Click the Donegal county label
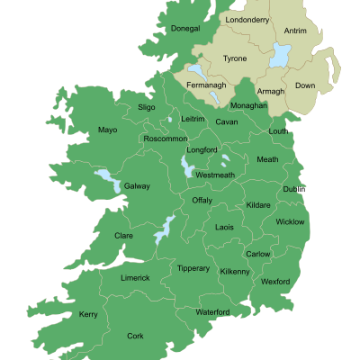pos(185,29)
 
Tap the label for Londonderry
pos(247,19)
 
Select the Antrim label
pos(295,31)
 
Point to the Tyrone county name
pos(235,58)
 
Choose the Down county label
pos(306,85)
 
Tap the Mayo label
pos(108,130)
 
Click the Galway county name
pos(137,186)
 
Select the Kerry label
pos(88,314)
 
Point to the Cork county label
pos(135,336)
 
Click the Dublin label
pos(294,189)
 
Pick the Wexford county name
pos(275,282)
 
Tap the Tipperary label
pos(193,268)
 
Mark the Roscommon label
pos(166,139)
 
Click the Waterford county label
pos(213,312)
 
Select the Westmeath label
pos(215,175)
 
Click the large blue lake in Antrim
pos(279,57)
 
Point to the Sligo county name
pos(147,107)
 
